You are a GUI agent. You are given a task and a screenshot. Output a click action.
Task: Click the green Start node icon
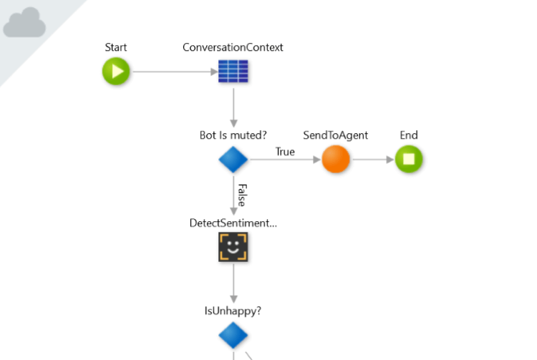click(x=116, y=72)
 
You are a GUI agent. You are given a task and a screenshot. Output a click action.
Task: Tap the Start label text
click(x=116, y=48)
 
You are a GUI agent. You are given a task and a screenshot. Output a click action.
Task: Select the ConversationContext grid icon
click(x=233, y=72)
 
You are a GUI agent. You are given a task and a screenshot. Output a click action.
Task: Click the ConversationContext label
click(x=233, y=48)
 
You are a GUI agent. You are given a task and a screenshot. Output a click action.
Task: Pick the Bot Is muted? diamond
click(x=233, y=160)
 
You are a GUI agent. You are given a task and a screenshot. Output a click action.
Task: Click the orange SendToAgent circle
click(x=335, y=160)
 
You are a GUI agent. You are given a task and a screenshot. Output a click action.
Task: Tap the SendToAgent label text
click(x=335, y=135)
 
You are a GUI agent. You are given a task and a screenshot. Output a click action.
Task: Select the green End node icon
click(x=409, y=160)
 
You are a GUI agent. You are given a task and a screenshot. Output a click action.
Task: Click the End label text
click(x=409, y=135)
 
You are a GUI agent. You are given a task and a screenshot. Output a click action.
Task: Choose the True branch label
click(x=285, y=152)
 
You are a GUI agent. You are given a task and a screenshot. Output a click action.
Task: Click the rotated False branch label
click(x=241, y=194)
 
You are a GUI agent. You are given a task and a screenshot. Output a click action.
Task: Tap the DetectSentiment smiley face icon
click(x=233, y=247)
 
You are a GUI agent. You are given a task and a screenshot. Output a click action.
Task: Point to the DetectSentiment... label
click(x=233, y=223)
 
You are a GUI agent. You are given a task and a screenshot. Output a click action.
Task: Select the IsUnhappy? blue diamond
click(x=233, y=335)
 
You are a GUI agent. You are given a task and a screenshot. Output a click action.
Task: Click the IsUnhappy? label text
click(x=233, y=311)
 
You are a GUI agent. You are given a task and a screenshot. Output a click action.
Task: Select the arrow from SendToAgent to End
click(x=372, y=160)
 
